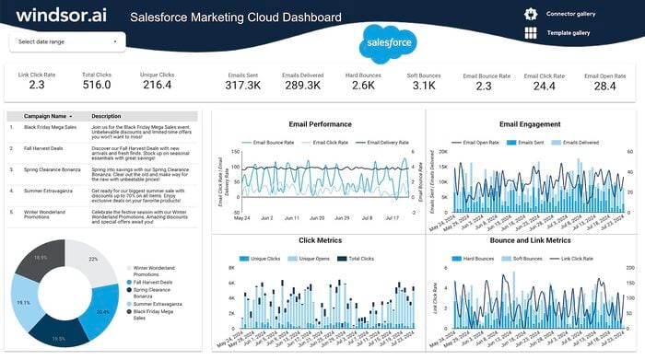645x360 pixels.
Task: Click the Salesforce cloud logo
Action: point(388,42)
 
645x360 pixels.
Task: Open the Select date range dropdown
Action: point(67,41)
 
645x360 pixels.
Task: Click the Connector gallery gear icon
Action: point(530,14)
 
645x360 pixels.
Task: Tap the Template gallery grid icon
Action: point(530,33)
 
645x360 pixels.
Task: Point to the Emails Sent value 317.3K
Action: point(242,86)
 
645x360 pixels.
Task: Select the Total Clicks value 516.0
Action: point(96,86)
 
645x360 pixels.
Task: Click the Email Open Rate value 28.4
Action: point(604,86)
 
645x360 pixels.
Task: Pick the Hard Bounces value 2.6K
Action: point(363,86)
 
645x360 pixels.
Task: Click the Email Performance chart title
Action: point(320,123)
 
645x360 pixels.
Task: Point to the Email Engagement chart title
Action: point(530,123)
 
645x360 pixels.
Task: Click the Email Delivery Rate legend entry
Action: point(382,143)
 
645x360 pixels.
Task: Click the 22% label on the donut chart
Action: point(93,260)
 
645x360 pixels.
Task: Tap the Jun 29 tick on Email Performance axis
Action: point(342,218)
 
